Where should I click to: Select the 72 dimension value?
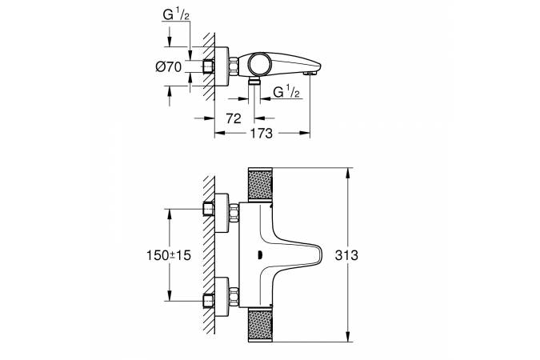coord(234,118)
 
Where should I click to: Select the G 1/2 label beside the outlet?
coord(286,93)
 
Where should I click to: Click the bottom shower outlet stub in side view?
coord(254,82)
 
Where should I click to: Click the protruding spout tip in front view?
coord(318,256)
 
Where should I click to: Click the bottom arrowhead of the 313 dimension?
coord(348,339)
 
